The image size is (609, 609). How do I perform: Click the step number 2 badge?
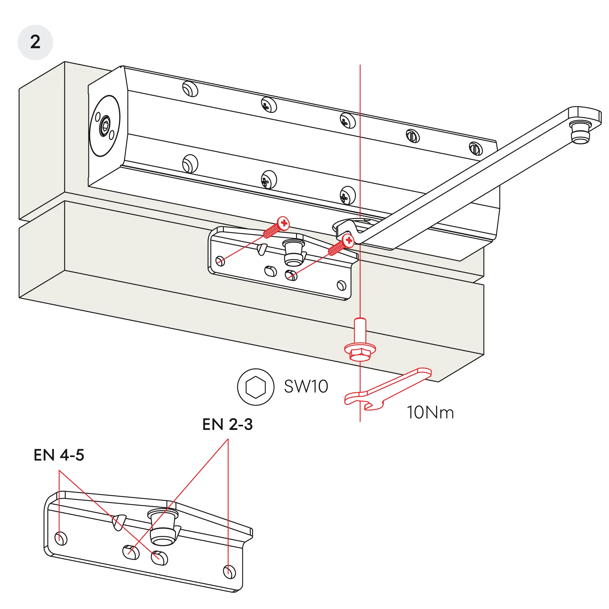point(35,42)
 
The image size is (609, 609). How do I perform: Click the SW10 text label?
point(306,386)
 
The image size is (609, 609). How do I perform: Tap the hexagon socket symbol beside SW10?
point(256,387)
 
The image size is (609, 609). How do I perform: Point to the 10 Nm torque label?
point(430,412)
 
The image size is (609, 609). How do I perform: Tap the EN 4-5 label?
point(59,456)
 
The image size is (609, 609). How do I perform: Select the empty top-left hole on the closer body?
point(190,89)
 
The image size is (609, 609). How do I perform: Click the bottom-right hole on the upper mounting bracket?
point(341,286)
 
